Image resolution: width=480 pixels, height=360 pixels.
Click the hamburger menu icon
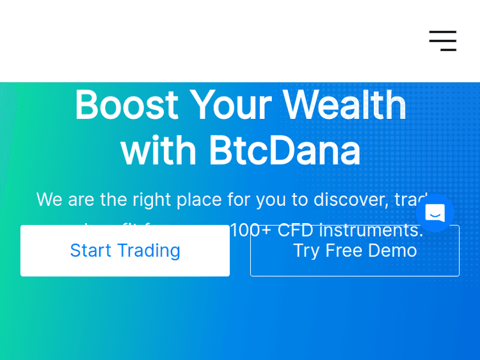pos(443,41)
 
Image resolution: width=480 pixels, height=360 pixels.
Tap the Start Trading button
pos(125,251)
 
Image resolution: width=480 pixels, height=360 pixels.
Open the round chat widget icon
pos(435,212)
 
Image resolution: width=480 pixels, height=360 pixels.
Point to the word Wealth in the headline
pos(344,106)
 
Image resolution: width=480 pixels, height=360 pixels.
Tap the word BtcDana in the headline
pos(284,151)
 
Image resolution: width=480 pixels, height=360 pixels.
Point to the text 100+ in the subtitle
pos(250,230)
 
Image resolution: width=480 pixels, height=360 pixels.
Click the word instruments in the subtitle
pos(371,230)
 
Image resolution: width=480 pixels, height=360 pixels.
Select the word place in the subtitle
pos(198,200)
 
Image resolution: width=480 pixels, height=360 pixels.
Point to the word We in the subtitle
pos(49,200)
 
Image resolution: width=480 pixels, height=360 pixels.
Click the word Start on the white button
pos(90,251)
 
